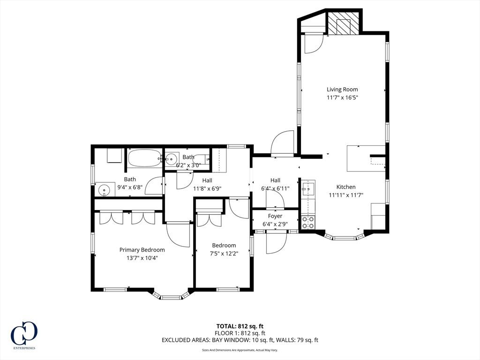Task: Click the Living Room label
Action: (342, 90)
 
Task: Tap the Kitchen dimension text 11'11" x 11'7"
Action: (346, 195)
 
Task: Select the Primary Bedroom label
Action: (142, 250)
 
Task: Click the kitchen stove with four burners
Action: (308, 222)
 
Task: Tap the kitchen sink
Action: (307, 187)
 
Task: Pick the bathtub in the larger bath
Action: (144, 158)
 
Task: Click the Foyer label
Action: (275, 216)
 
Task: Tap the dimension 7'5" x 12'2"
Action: (224, 254)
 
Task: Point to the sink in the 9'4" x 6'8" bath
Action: (104, 190)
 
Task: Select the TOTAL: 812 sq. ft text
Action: (240, 326)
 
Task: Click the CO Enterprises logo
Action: (24, 335)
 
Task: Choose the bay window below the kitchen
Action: (344, 236)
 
